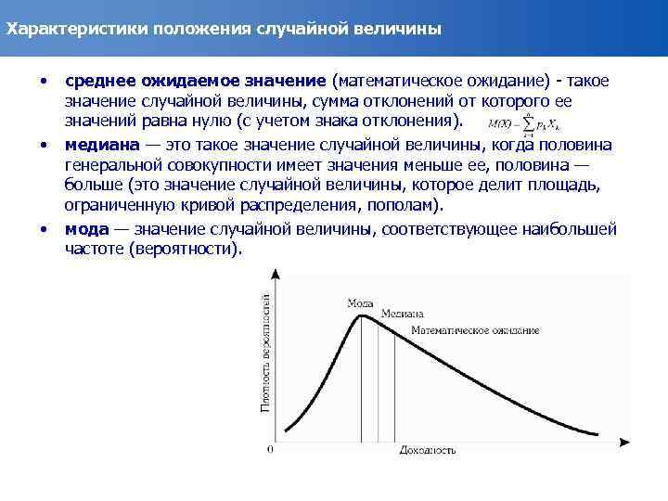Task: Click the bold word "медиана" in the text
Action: [101, 145]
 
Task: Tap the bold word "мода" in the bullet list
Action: [86, 228]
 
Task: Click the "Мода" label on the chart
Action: [360, 302]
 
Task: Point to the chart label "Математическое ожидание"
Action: [475, 330]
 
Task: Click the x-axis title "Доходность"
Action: [427, 451]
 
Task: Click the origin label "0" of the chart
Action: [270, 450]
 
